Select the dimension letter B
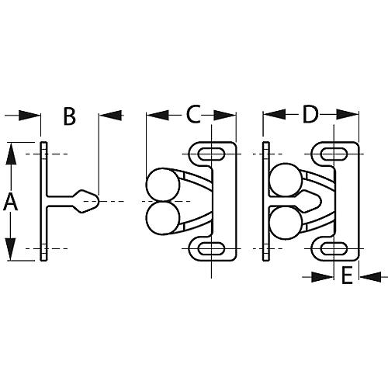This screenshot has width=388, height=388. point(69,116)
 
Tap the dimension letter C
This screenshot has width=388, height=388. point(193,115)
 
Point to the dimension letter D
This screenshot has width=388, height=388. point(310,115)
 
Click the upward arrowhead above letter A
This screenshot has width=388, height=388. point(11,153)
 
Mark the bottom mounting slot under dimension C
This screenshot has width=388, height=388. point(210,248)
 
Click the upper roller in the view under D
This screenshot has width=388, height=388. point(282,179)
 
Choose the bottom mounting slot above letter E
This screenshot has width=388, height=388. point(336,248)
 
